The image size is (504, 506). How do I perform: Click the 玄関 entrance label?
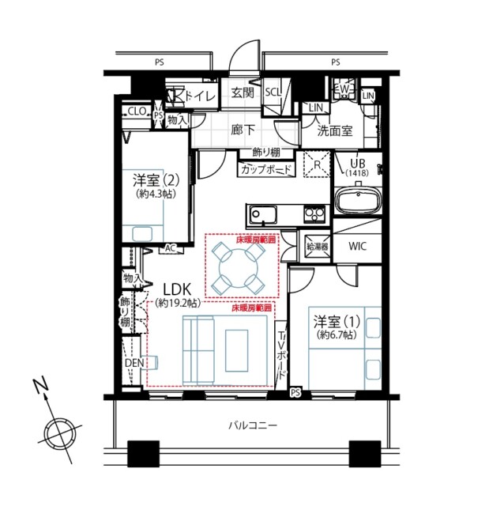tap(243, 93)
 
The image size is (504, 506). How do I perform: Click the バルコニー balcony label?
tap(253, 425)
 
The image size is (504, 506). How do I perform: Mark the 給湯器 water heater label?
tap(317, 247)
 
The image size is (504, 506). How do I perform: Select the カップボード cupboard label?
tap(266, 169)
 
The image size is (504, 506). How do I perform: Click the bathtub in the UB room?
tap(358, 200)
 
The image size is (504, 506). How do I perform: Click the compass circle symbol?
tap(59, 433)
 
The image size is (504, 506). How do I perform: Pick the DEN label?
tap(134, 363)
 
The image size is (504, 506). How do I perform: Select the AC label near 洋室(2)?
tap(170, 248)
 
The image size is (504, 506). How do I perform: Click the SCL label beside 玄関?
tap(273, 92)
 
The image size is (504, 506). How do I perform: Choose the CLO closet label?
tap(137, 112)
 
